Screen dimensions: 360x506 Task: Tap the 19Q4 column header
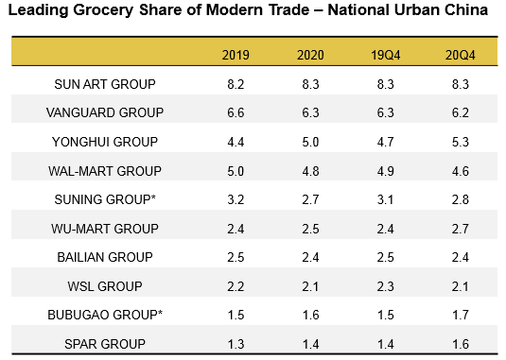pos(383,54)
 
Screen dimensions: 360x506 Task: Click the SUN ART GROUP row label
pos(105,83)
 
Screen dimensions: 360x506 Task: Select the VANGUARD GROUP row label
pos(105,112)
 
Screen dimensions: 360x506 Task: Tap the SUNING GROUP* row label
pos(105,199)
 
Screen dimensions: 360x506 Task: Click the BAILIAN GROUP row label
pos(105,257)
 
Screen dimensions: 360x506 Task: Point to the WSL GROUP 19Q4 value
pos(383,286)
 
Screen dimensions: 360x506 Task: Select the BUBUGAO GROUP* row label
pos(105,315)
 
